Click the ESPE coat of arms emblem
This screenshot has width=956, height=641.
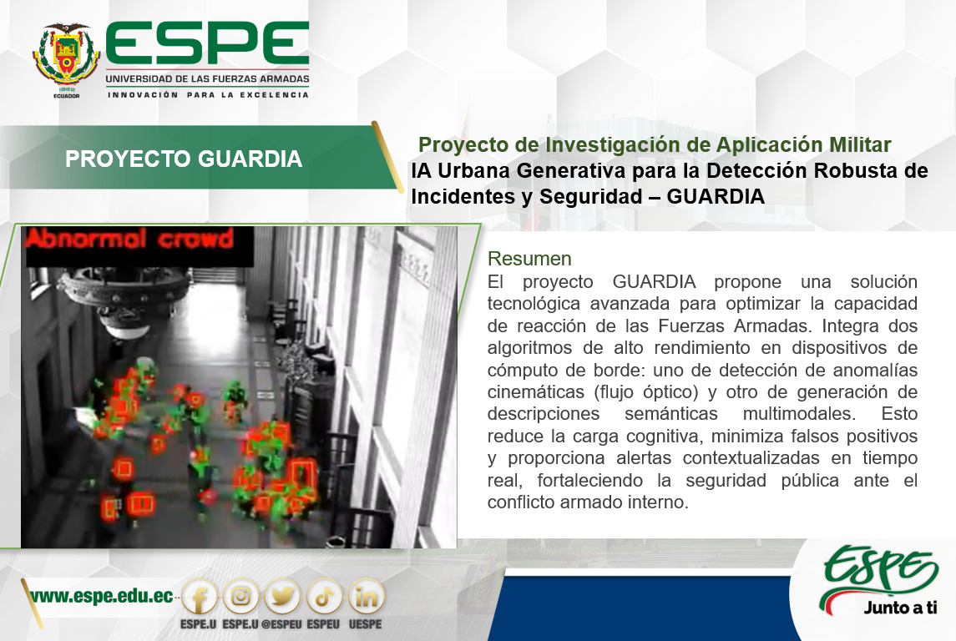coord(67,56)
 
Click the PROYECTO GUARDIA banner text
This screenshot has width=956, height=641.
coord(184,159)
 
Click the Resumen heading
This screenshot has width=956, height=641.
coord(529,259)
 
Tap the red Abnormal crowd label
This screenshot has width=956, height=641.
coord(129,238)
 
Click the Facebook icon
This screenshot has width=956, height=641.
coord(200,597)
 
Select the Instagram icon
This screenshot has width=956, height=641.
coord(240,597)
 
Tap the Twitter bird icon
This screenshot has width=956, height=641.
coord(283,597)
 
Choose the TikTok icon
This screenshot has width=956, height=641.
coord(324,597)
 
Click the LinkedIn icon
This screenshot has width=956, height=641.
coord(366,597)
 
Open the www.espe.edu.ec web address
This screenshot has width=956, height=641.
coord(102,596)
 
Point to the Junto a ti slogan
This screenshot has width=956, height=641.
coord(900,608)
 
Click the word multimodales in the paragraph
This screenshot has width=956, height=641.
coord(799,414)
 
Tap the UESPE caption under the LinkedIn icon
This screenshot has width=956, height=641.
coord(365,624)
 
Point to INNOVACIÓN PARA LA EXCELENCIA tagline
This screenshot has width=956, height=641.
coord(208,95)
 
